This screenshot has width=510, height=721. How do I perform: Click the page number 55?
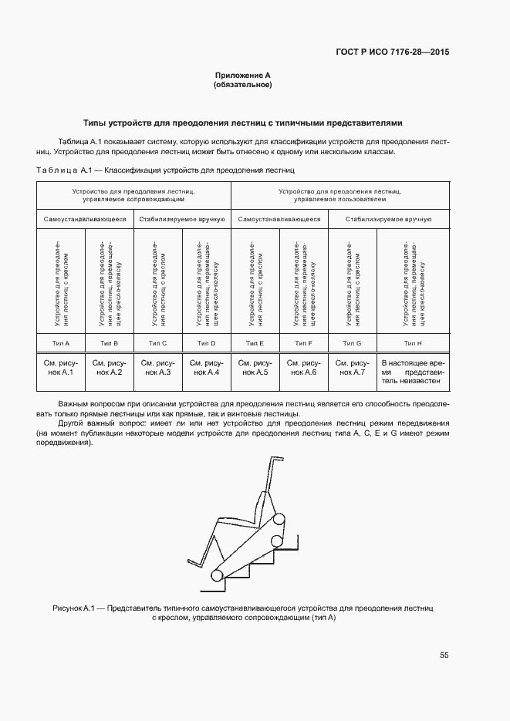[444, 655]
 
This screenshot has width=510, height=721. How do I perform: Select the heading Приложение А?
[242, 75]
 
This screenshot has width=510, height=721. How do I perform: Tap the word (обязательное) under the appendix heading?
[242, 85]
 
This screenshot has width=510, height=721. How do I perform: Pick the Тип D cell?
[206, 342]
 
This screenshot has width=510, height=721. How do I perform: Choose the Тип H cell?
[412, 342]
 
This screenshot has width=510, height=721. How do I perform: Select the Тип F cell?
[304, 342]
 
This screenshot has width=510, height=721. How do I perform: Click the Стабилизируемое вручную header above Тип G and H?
[388, 219]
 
